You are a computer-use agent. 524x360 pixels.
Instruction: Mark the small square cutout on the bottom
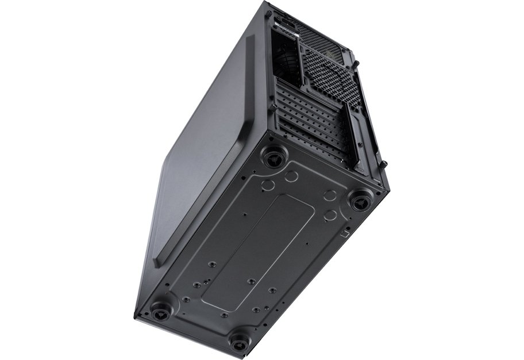[x=343, y=233]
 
